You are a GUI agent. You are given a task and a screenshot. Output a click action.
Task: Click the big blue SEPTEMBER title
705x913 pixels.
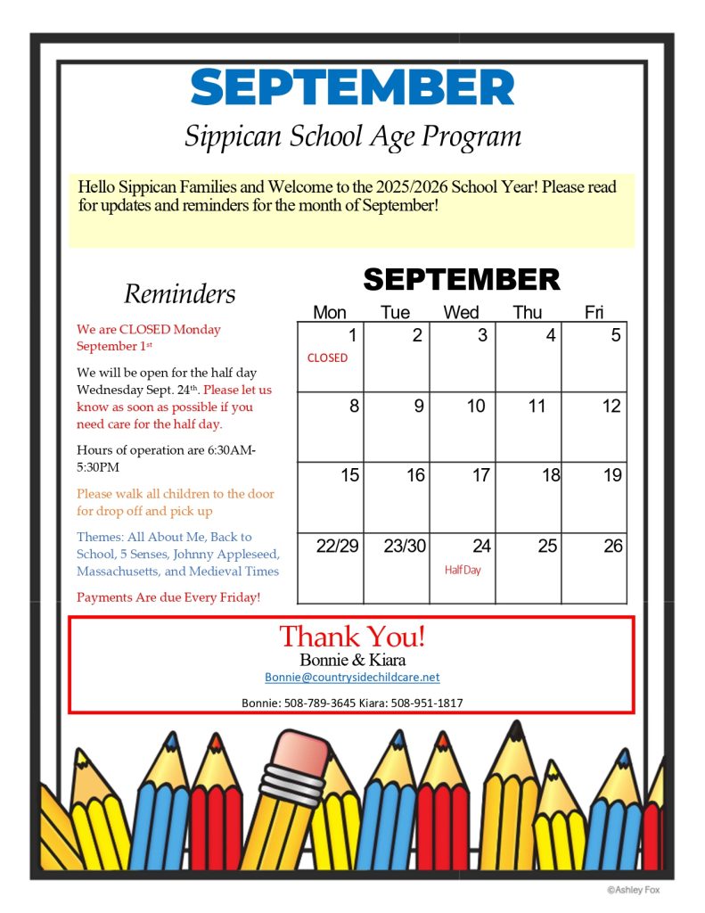(x=352, y=88)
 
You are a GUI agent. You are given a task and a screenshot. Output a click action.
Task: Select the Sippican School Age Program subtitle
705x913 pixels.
(x=352, y=136)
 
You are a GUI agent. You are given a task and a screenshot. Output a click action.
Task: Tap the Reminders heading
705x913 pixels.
(x=180, y=293)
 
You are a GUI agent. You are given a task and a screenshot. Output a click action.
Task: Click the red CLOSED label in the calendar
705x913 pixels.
(x=327, y=358)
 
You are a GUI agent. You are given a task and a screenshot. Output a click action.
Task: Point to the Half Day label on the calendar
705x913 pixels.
(x=463, y=570)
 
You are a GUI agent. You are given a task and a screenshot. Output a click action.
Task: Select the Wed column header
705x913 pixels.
(x=461, y=312)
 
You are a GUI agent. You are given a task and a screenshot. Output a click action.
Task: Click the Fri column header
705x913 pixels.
(x=594, y=312)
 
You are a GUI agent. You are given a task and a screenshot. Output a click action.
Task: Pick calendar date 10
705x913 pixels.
(x=476, y=407)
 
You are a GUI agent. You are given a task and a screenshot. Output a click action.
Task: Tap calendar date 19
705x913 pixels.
(x=612, y=475)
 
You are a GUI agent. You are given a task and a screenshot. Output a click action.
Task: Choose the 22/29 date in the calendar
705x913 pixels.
(x=337, y=547)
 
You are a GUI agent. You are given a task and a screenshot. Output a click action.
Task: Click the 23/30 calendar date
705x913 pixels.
(x=405, y=547)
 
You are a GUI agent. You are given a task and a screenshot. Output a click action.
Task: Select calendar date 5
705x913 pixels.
(x=616, y=336)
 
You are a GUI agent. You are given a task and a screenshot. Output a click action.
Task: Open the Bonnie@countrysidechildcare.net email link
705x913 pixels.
(x=352, y=678)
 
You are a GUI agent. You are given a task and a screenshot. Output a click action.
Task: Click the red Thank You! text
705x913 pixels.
(x=352, y=637)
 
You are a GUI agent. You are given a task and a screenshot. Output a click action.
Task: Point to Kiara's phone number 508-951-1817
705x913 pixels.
(x=426, y=703)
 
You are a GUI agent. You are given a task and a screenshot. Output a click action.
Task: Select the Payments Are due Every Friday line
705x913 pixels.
(x=168, y=597)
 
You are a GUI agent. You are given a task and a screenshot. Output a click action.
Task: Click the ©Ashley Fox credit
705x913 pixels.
(x=634, y=889)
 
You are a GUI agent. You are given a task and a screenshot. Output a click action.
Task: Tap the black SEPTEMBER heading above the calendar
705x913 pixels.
(x=462, y=279)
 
